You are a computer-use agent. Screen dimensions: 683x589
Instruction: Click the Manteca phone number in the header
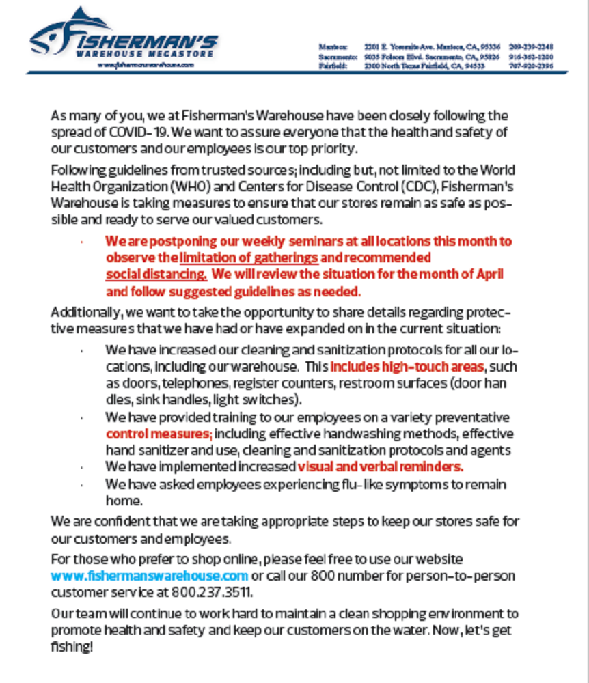click(x=531, y=46)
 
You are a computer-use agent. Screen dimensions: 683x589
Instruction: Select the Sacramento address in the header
click(x=432, y=57)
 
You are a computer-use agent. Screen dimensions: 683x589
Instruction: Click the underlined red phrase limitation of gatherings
click(x=249, y=258)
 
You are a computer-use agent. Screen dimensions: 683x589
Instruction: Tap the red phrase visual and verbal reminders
click(x=381, y=467)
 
